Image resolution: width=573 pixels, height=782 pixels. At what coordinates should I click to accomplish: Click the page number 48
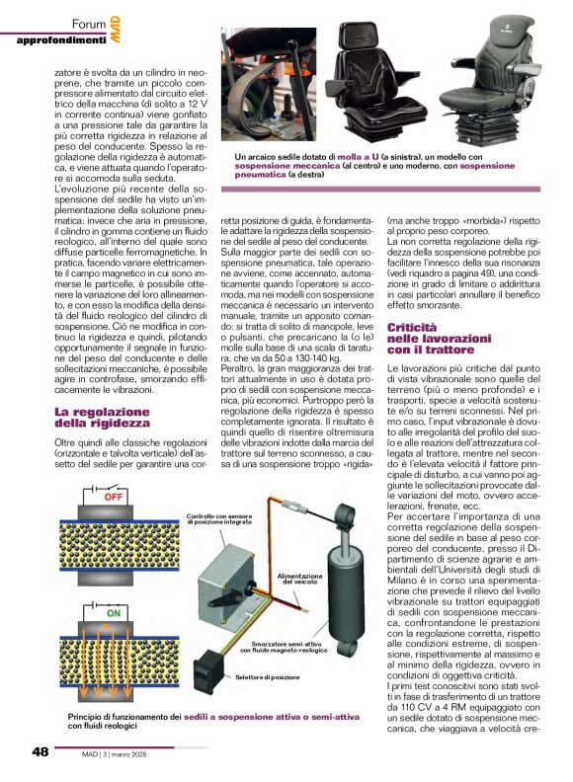(40, 751)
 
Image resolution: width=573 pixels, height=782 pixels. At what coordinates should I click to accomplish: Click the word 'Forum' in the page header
(87, 22)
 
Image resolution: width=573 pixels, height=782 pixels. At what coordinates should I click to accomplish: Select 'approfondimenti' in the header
(62, 39)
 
